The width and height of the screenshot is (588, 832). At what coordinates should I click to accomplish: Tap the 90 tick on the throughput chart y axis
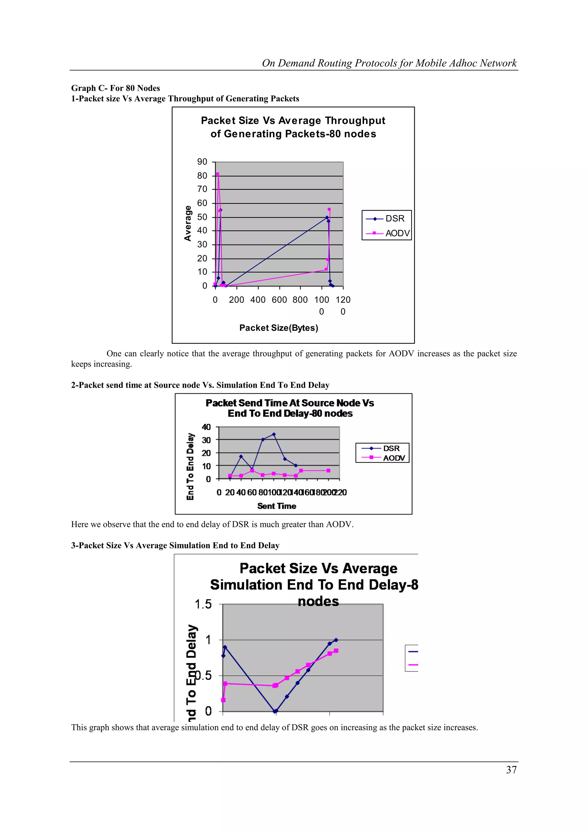(x=202, y=162)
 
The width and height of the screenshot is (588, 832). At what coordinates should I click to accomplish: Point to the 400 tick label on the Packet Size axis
(x=258, y=300)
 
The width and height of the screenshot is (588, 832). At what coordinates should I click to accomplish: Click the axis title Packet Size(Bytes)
(x=278, y=328)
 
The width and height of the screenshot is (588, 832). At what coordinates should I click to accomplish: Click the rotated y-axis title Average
(x=187, y=223)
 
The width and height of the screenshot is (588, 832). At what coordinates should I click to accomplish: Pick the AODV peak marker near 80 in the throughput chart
(x=217, y=174)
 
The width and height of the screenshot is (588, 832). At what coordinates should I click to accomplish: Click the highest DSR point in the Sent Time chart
(x=274, y=434)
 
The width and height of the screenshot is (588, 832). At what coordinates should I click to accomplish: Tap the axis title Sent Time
(x=276, y=506)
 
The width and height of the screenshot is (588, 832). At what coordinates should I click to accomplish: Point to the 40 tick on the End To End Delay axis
(x=206, y=427)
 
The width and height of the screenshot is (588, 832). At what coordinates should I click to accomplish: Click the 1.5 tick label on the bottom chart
(x=203, y=604)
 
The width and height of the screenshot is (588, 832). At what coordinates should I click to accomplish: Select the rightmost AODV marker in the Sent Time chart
(x=328, y=471)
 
